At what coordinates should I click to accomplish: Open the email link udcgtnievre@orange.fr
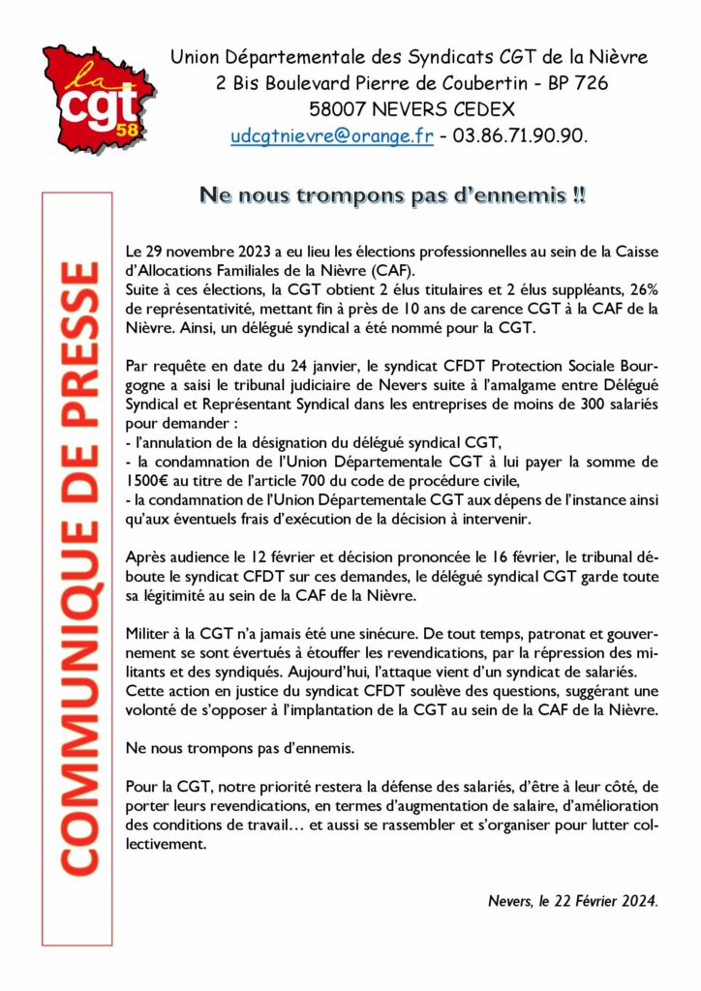[331, 136]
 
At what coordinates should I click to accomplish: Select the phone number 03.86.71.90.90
[520, 136]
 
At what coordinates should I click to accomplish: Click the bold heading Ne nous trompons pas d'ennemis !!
[392, 195]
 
